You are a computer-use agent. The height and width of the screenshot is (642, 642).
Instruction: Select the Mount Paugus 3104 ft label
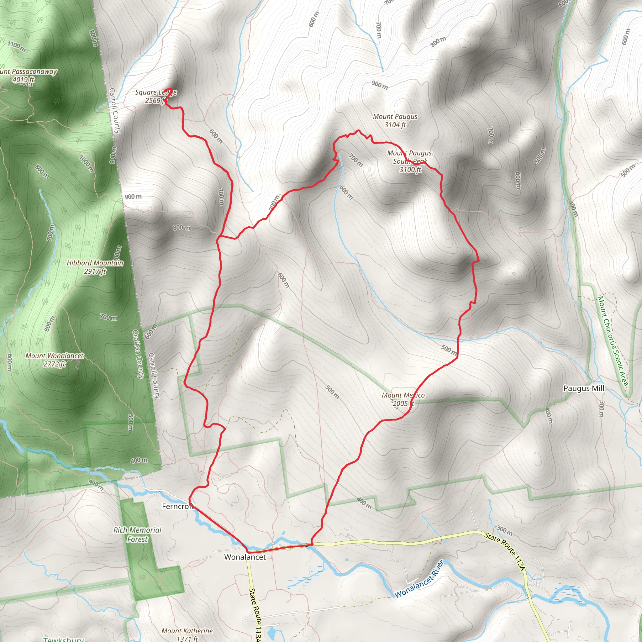coord(395,120)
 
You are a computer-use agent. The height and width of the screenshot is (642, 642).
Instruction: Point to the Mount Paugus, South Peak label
coord(410,161)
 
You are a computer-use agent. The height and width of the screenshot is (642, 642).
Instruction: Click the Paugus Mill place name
coord(583,388)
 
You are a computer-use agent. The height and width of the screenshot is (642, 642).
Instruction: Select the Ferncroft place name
coord(177,507)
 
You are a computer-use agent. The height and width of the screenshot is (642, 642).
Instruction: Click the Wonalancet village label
coord(245,557)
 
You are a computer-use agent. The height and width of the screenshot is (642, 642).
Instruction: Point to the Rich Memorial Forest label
coord(137,535)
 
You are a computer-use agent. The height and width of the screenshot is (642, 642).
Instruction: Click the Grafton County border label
coord(138,354)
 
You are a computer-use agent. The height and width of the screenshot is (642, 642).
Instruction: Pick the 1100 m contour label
coord(17,46)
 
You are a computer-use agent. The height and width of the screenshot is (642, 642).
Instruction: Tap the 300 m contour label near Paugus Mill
coord(602,409)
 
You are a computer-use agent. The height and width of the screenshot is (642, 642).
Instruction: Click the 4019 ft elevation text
coord(23,80)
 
